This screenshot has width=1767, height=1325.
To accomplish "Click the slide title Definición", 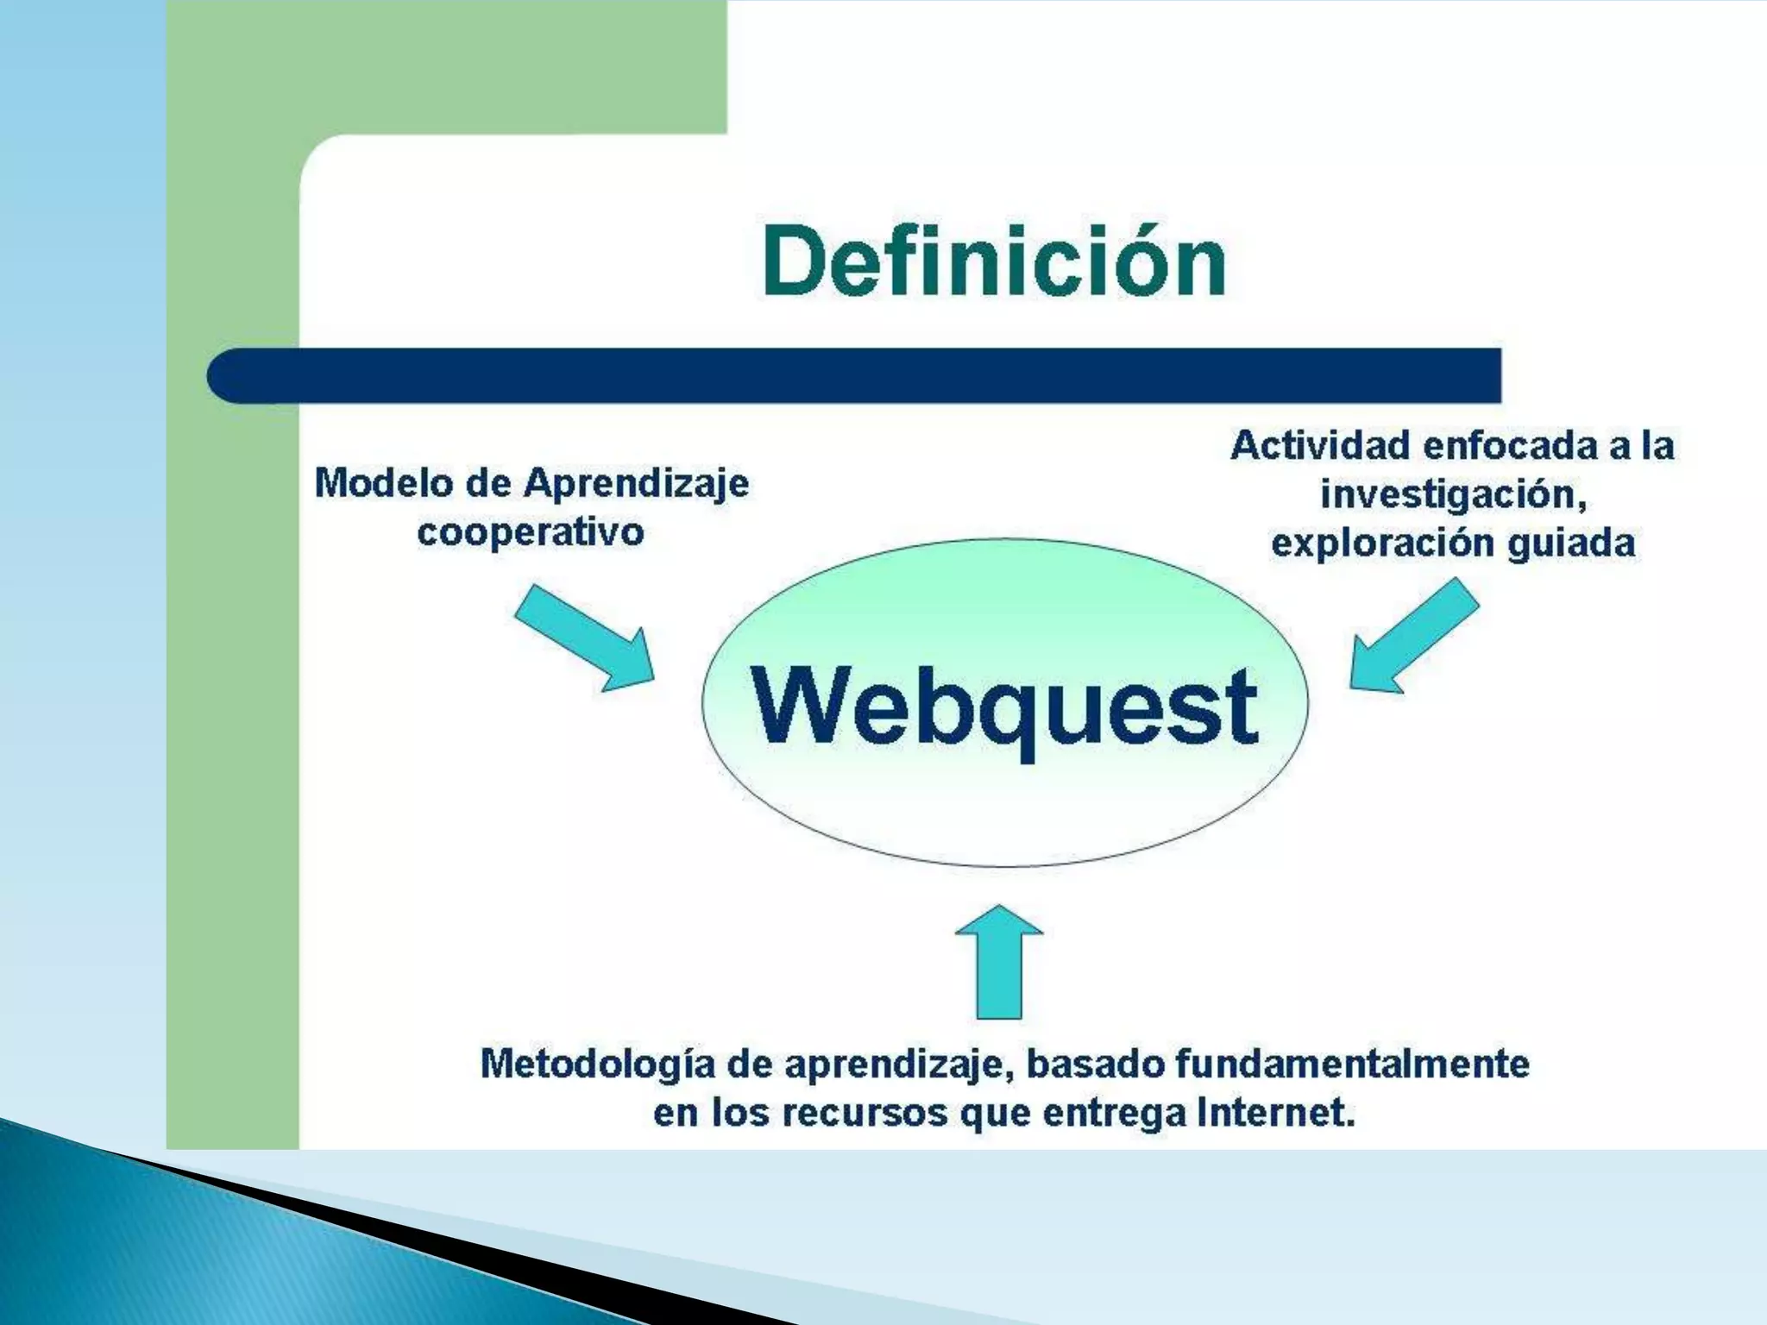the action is point(994,261).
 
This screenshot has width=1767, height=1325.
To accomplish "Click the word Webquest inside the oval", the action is point(1003,706).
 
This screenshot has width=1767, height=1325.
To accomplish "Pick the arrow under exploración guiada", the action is point(1412,638).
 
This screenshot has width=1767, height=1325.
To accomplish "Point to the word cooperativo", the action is point(531,532).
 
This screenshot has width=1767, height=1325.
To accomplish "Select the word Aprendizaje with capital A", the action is point(637,483).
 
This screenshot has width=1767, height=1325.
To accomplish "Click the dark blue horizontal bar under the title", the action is point(854,375).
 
